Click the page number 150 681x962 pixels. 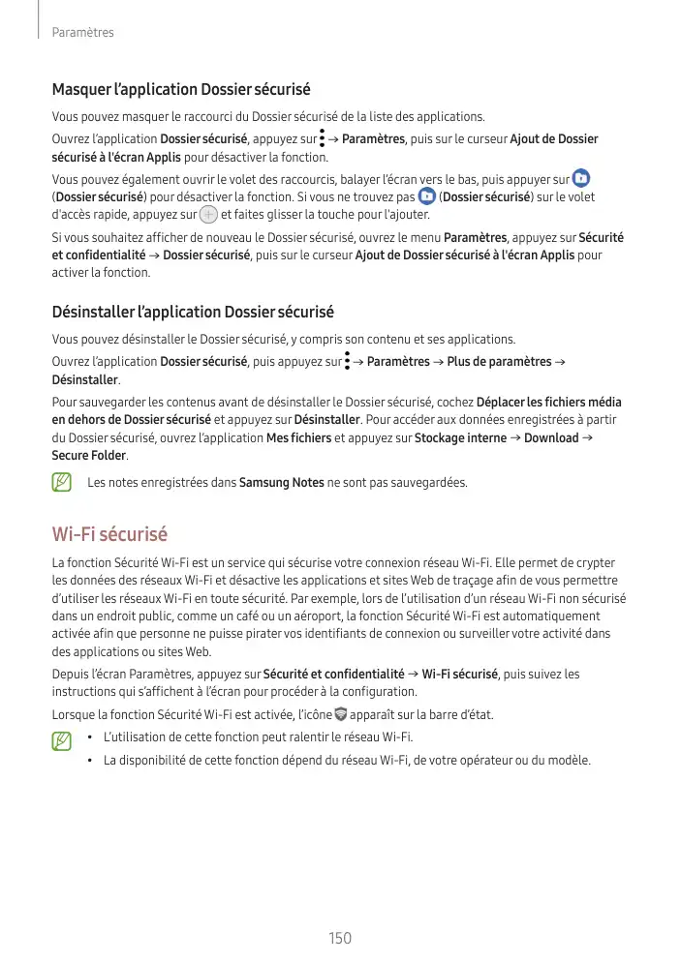(x=339, y=937)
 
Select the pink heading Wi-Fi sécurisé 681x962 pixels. (x=109, y=534)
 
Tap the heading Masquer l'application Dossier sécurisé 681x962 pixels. (x=180, y=90)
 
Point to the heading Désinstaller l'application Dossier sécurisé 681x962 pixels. (x=192, y=313)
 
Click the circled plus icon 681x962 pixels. (x=207, y=216)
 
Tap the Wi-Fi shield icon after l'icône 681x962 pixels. (x=339, y=715)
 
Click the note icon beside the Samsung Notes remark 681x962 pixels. (x=63, y=481)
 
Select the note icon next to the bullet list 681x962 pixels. (x=63, y=741)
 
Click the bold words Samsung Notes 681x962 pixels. (x=282, y=482)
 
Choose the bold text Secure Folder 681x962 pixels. (x=89, y=456)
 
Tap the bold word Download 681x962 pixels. (x=550, y=438)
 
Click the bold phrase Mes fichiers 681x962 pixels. (x=297, y=438)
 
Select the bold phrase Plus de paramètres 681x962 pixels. (x=498, y=362)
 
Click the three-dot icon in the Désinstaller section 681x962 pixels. (x=347, y=362)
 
